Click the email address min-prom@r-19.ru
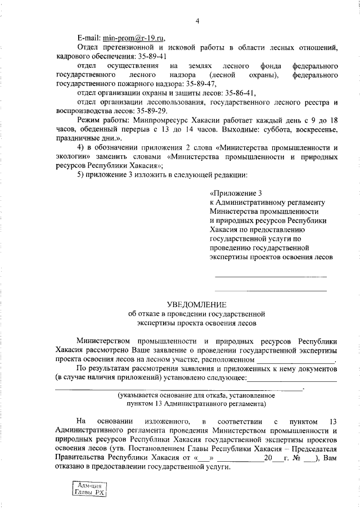point(134,38)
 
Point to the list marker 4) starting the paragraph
point(80,147)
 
